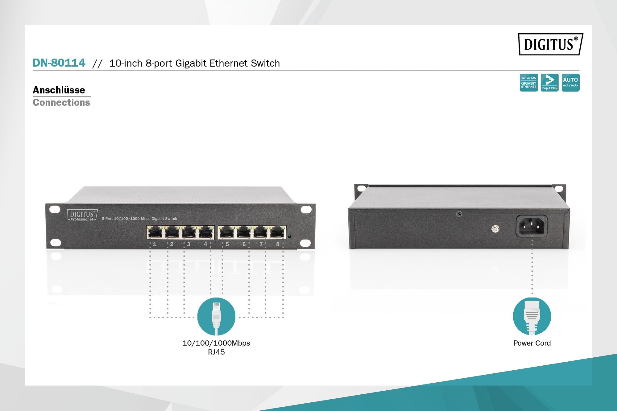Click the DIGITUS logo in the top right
coord(551,44)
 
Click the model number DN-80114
coord(59,63)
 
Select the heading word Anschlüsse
coord(59,90)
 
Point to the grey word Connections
coord(61,102)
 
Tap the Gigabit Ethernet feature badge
coord(528,83)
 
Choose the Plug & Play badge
coord(549,83)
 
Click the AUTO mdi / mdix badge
coord(570,83)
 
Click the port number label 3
coord(188,244)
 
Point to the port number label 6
coord(244,244)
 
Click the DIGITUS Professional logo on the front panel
coord(82,215)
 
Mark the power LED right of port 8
coord(289,236)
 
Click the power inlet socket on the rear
coord(532,226)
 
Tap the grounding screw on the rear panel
coord(495,229)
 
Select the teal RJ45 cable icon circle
coord(216,316)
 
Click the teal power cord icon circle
coord(532,316)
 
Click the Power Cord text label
coord(532,343)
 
